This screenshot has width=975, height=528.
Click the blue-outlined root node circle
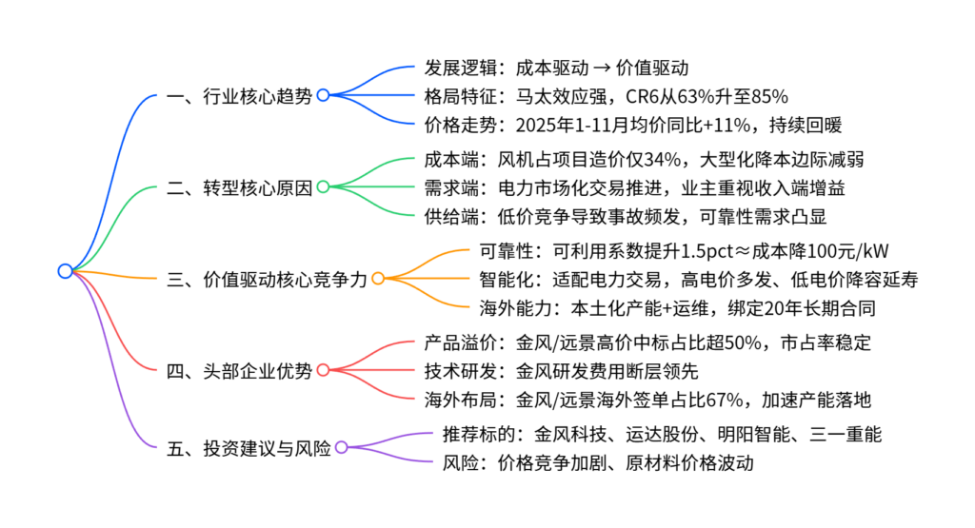coord(65,271)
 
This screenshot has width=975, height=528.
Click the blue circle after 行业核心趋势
coord(323,95)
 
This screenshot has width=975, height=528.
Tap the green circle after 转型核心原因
coord(323,186)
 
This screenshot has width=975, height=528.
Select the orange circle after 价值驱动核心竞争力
coord(378,279)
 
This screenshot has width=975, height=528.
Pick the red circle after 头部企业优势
coord(323,370)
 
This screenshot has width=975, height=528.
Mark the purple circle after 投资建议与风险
coord(341,448)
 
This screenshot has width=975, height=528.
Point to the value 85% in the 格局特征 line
coord(767,95)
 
